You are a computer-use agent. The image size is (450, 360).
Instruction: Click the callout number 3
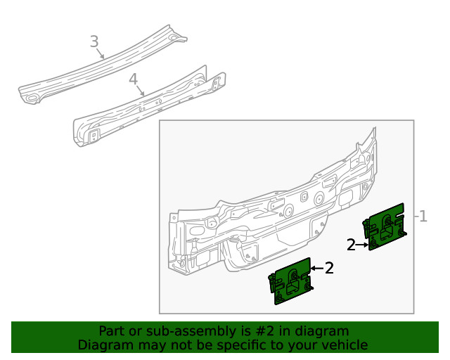coord(94,41)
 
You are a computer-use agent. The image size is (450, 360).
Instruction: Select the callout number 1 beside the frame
coord(423,217)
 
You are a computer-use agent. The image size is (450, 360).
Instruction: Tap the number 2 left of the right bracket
coord(351,245)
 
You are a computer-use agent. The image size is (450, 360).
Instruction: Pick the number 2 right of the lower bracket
coord(328,268)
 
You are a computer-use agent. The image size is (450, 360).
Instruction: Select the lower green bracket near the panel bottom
coord(291,281)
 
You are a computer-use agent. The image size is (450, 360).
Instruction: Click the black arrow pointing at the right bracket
coord(363,245)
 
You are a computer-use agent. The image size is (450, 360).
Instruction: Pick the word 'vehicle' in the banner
coord(344,345)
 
